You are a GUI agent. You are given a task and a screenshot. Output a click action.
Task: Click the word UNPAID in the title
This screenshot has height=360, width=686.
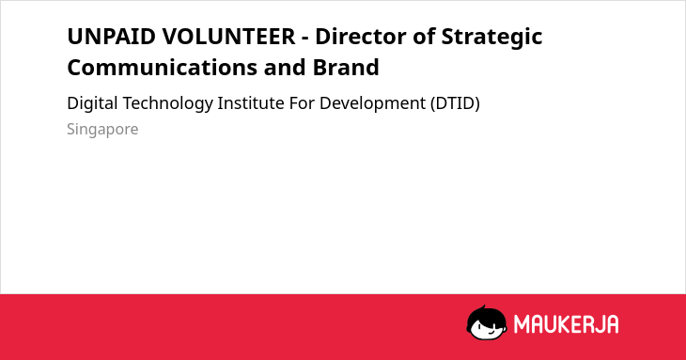pyautogui.click(x=111, y=37)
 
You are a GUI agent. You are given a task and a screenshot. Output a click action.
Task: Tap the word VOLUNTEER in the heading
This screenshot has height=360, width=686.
pyautogui.click(x=228, y=37)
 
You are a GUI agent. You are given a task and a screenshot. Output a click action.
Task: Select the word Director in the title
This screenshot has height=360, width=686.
pyautogui.click(x=361, y=37)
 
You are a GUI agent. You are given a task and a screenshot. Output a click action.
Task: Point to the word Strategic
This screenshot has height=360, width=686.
pyautogui.click(x=491, y=38)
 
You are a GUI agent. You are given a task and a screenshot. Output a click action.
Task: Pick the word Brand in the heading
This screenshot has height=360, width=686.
pyautogui.click(x=346, y=68)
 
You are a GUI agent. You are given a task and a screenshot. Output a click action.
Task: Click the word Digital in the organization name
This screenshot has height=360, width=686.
pyautogui.click(x=92, y=104)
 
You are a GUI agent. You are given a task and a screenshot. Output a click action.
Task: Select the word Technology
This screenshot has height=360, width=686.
pyautogui.click(x=167, y=104)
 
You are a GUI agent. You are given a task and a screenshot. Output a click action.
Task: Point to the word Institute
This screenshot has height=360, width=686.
pyautogui.click(x=251, y=103)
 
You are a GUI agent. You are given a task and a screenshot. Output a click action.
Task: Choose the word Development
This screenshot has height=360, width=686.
pyautogui.click(x=372, y=104)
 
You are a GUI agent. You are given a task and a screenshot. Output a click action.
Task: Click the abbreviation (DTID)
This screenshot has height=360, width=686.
pyautogui.click(x=455, y=103)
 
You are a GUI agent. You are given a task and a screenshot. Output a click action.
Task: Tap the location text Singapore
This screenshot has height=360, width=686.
pyautogui.click(x=102, y=130)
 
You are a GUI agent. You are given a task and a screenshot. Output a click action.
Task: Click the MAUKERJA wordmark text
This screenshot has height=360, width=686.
pyautogui.click(x=566, y=324)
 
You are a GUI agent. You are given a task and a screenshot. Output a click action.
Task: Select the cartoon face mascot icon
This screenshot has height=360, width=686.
pyautogui.click(x=487, y=323)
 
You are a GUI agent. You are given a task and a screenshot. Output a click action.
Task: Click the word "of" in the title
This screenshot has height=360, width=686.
pyautogui.click(x=424, y=37)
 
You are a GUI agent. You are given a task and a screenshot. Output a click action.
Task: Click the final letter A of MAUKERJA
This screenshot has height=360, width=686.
pyautogui.click(x=612, y=324)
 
